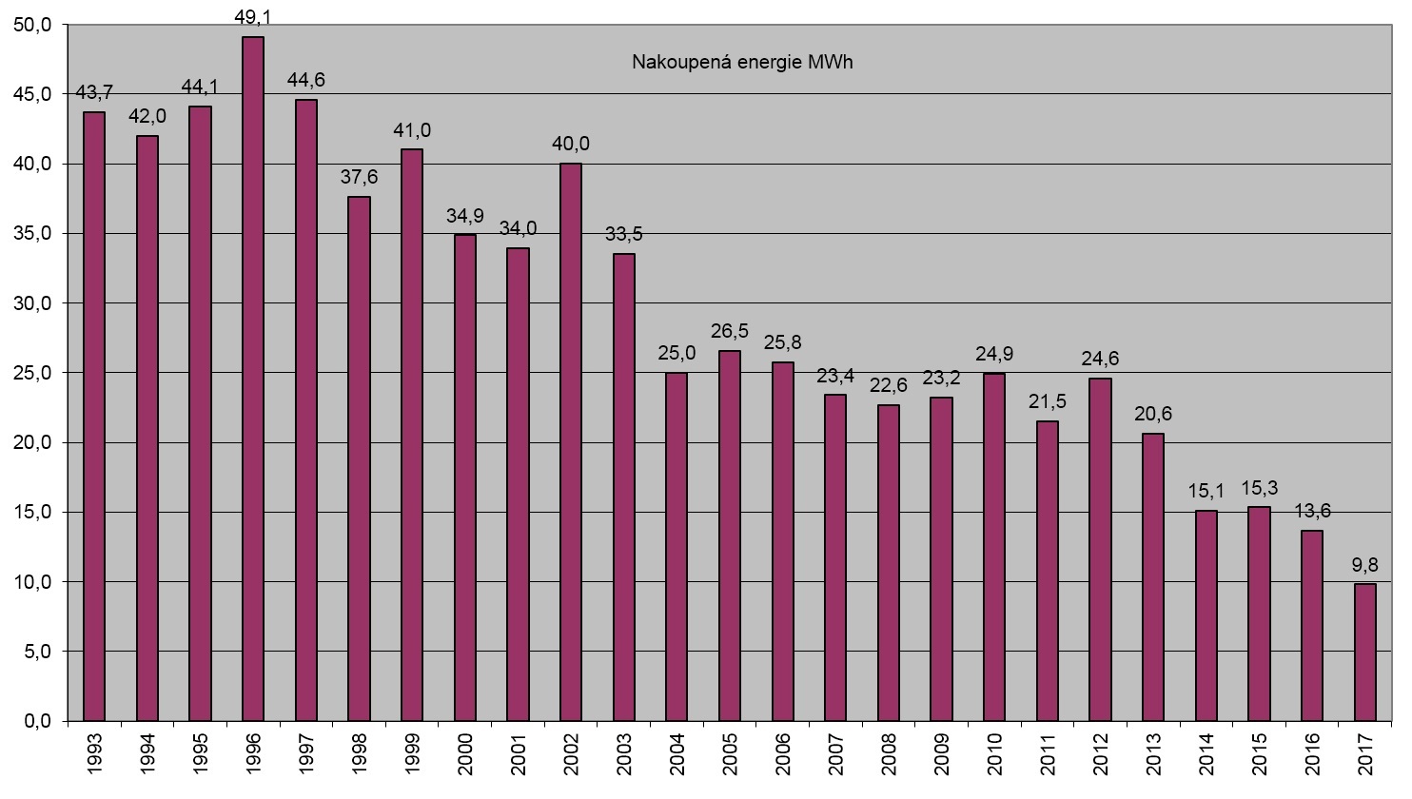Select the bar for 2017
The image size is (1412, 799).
click(x=1364, y=653)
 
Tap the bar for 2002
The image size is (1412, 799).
click(x=571, y=442)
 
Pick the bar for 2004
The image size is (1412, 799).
click(x=677, y=547)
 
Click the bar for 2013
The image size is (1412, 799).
click(x=1152, y=577)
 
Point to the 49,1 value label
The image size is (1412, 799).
click(x=253, y=17)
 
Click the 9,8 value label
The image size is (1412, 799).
click(x=1364, y=565)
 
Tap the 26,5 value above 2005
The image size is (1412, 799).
click(x=730, y=332)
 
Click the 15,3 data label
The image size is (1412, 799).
click(x=1258, y=489)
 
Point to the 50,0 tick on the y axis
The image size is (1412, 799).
click(x=34, y=25)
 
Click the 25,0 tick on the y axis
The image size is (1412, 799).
click(x=34, y=373)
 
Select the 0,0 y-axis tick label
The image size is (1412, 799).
click(x=38, y=721)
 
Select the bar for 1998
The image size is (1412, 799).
click(x=359, y=458)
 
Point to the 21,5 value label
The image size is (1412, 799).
click(x=1047, y=402)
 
